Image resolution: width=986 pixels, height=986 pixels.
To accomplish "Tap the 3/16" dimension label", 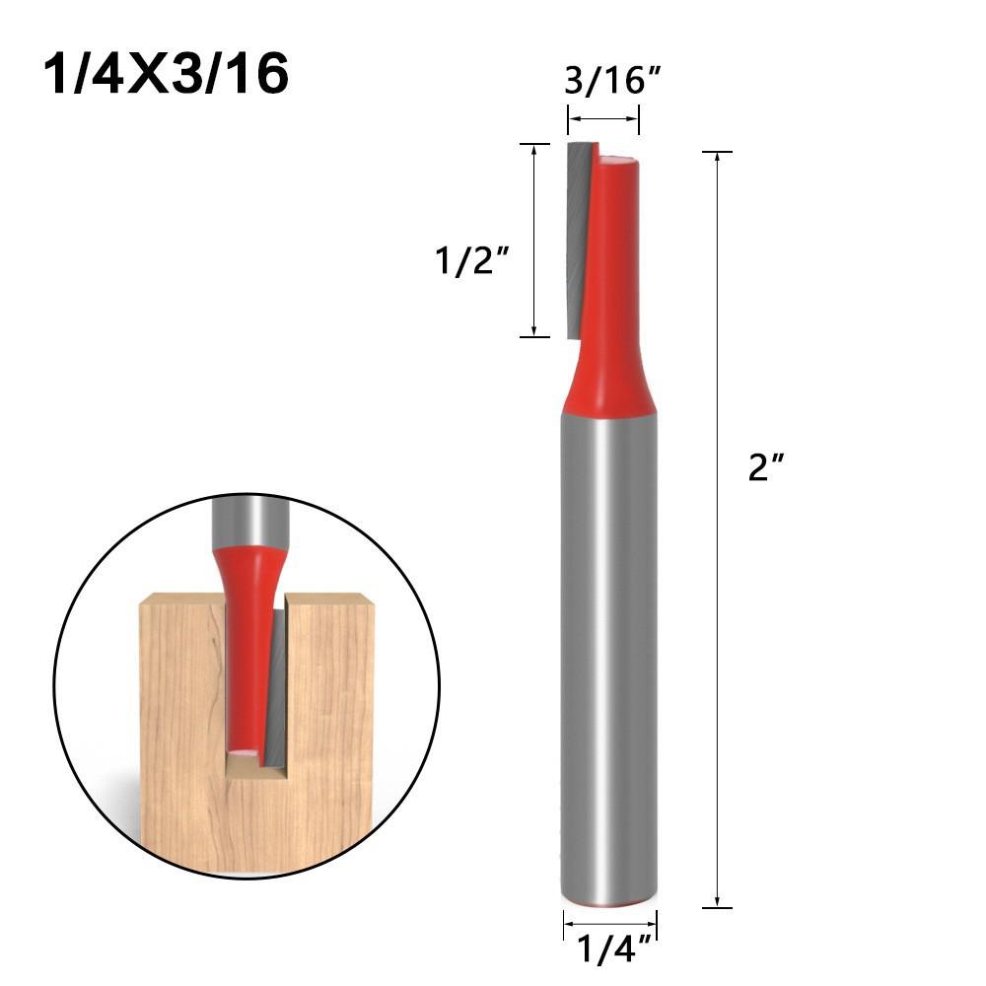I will tap(610, 80).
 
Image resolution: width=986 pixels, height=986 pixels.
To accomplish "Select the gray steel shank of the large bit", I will tap(609, 641).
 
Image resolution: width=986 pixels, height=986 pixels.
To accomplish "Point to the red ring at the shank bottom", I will tap(609, 903).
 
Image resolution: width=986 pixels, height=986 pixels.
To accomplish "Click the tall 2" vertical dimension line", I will tap(717, 592).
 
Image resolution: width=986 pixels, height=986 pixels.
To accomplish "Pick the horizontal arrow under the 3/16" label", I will tap(603, 119).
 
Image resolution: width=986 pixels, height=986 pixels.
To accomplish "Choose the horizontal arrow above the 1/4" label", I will tap(609, 925).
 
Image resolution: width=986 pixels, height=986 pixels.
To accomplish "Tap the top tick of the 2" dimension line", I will tap(717, 152).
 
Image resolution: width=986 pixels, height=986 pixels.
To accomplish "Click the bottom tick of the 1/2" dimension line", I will tap(533, 337).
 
